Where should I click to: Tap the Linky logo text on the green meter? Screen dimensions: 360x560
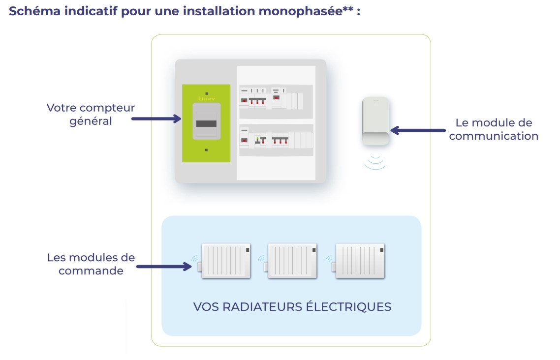point(206,98)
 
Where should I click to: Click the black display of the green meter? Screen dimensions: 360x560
point(206,122)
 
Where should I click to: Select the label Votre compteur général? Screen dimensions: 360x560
point(91,114)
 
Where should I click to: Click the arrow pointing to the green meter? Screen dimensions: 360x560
point(157,119)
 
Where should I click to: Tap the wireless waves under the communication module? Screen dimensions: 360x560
point(375,162)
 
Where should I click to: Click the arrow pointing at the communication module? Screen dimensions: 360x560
point(418,130)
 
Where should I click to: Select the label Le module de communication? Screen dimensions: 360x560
point(494,129)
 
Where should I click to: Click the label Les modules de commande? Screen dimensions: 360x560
point(91,264)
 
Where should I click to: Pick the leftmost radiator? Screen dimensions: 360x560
point(226,261)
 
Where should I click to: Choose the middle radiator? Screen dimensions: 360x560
point(292,261)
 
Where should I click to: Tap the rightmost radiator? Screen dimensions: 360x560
point(360,261)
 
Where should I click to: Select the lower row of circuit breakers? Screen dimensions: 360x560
point(276,140)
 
